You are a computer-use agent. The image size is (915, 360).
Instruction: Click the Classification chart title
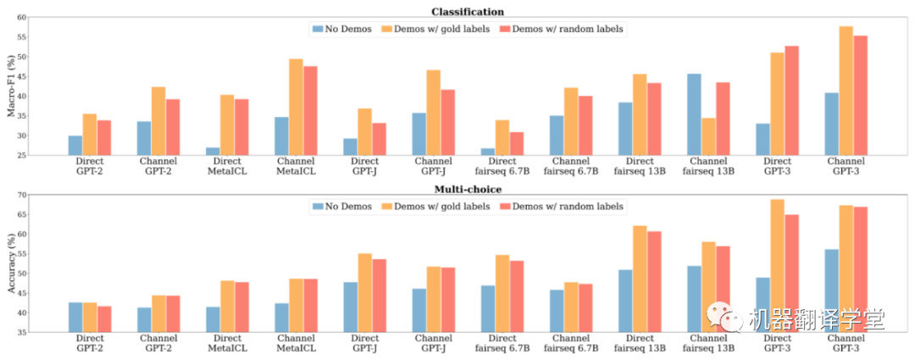(x=468, y=12)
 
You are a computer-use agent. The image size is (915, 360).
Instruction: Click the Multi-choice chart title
(x=468, y=190)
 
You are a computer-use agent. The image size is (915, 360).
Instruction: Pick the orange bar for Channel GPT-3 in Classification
(x=846, y=91)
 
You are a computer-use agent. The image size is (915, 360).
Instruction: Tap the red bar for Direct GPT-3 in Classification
(x=791, y=100)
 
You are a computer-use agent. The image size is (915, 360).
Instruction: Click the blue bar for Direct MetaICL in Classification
(x=213, y=151)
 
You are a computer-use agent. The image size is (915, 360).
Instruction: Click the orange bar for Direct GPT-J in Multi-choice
(x=364, y=292)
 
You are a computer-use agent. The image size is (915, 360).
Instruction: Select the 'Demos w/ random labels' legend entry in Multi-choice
(x=568, y=207)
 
